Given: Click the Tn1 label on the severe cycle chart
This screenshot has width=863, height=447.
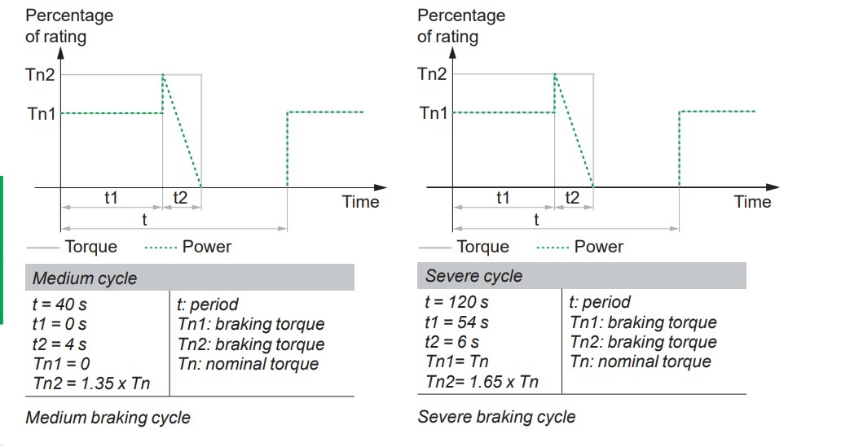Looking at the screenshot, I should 434,113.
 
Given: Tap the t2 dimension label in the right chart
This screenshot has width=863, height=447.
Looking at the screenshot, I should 572,198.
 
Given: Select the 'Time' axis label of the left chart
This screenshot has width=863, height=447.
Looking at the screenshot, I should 360,202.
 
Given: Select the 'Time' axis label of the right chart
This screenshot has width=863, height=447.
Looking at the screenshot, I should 752,202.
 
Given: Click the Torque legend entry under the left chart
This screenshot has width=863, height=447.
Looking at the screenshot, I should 90,247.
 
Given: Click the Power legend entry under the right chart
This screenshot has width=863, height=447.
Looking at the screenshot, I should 599,247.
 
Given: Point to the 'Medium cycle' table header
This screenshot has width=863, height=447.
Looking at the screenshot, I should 85,278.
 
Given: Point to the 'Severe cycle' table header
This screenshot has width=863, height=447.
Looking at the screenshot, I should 474,276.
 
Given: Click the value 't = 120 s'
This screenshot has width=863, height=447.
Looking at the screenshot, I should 456,302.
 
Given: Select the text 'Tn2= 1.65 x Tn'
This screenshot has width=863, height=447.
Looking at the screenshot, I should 482,381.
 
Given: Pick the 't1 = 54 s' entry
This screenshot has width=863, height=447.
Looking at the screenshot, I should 456,322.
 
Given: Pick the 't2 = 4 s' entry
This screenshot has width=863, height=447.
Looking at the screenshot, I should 59,344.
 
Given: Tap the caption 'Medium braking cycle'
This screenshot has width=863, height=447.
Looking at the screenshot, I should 108,419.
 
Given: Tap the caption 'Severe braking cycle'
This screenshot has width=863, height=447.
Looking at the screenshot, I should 496,417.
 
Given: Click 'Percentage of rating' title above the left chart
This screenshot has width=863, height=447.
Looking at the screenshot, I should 69,26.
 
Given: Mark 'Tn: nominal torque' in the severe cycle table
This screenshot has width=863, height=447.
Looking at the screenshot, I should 641,362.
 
